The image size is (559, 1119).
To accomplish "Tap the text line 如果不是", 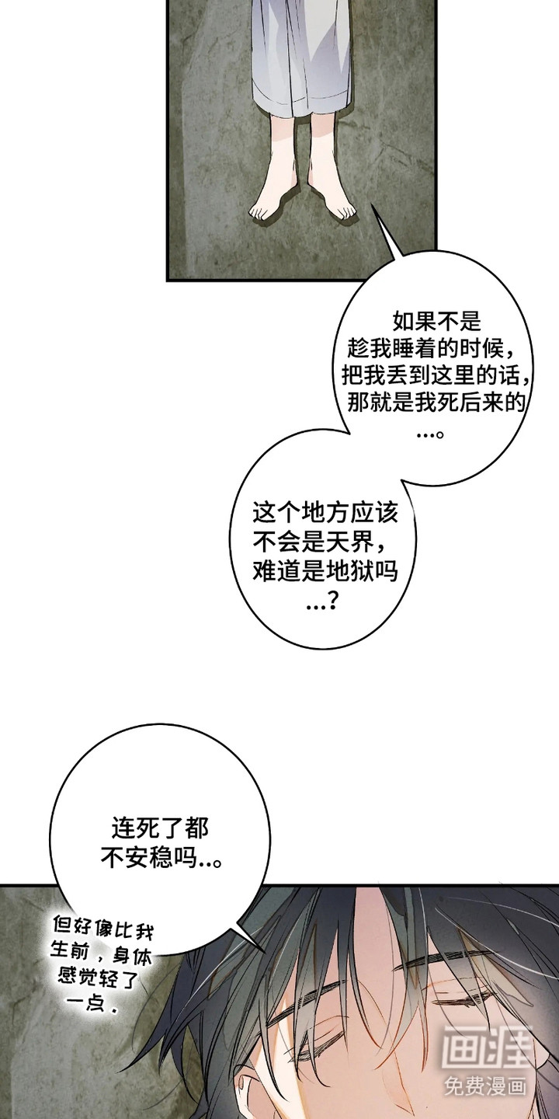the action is point(436,321).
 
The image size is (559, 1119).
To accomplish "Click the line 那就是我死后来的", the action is point(436,403).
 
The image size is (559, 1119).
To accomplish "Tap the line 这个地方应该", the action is point(325,513).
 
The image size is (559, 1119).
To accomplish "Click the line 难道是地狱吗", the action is point(325,570).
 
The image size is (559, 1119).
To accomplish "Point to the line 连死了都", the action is point(160,830).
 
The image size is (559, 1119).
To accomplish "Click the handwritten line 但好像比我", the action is point(103,926).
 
